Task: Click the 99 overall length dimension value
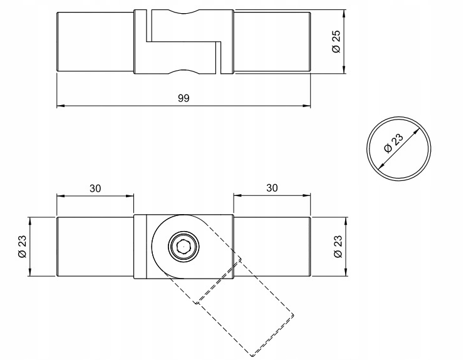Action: click(x=184, y=98)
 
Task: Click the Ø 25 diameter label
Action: click(x=336, y=42)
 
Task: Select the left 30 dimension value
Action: click(x=95, y=187)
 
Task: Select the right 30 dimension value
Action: click(x=272, y=187)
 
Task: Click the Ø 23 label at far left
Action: click(x=22, y=246)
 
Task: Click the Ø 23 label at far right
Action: click(x=337, y=246)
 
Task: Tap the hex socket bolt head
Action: click(x=183, y=248)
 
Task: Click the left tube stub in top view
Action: click(x=95, y=42)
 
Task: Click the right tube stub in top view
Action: click(x=272, y=42)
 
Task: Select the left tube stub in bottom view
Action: click(x=95, y=247)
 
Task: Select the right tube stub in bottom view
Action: click(x=272, y=247)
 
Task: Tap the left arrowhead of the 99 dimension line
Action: click(x=60, y=106)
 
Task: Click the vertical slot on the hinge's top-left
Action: click(x=148, y=25)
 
